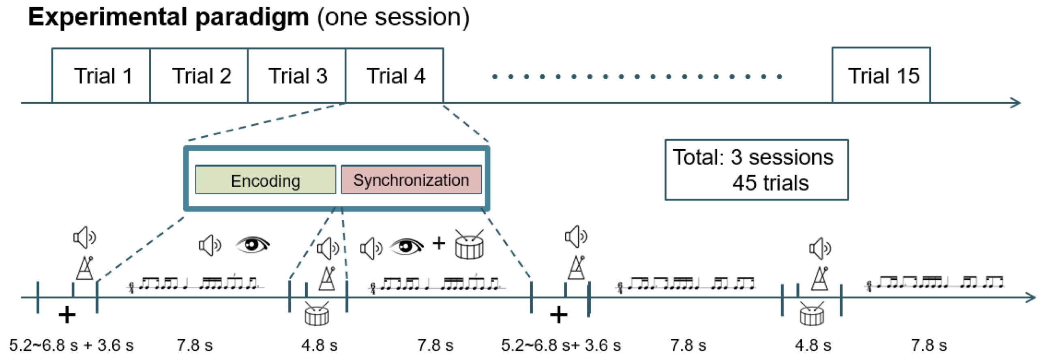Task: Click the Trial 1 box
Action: pos(101,76)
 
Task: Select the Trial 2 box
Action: pos(199,76)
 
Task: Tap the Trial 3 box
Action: pos(297,76)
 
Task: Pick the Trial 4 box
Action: pos(395,76)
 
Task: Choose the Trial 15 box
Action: pos(881,75)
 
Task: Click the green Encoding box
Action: pos(266,180)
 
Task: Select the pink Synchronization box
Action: pos(411,180)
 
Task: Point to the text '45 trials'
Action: pos(770,183)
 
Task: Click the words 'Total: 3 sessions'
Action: pos(753,157)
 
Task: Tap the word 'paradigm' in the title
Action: pos(252,17)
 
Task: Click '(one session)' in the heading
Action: pos(393,17)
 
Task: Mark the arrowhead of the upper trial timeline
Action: pos(1016,103)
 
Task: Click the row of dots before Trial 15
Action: pos(637,77)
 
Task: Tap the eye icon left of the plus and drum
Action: pos(407,246)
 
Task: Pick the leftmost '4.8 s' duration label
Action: pos(319,345)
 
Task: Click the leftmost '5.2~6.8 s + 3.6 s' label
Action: pos(71,345)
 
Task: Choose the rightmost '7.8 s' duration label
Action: pos(929,345)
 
